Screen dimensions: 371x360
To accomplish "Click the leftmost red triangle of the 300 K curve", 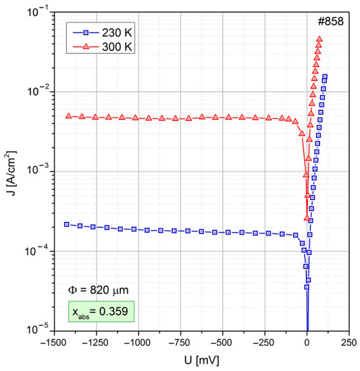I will [68, 116].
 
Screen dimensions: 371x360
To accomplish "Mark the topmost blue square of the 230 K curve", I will [325, 77].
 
